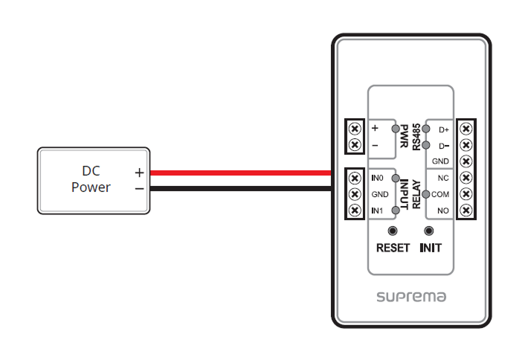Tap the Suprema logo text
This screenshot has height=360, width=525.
410,297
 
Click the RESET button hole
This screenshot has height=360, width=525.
393,231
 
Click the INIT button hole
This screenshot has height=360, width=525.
428,231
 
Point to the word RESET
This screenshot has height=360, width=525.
393,248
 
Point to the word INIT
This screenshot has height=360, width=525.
429,248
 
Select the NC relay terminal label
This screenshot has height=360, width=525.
443,179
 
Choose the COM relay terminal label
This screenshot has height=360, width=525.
440,194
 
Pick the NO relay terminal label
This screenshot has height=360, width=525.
443,210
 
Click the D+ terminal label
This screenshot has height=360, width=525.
444,129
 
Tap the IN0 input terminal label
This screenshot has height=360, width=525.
377,179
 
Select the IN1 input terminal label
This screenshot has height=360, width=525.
377,211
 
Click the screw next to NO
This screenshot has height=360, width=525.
466,210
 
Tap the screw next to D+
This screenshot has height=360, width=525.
466,129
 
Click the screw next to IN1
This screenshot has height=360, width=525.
355,210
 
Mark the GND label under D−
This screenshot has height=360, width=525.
441,161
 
